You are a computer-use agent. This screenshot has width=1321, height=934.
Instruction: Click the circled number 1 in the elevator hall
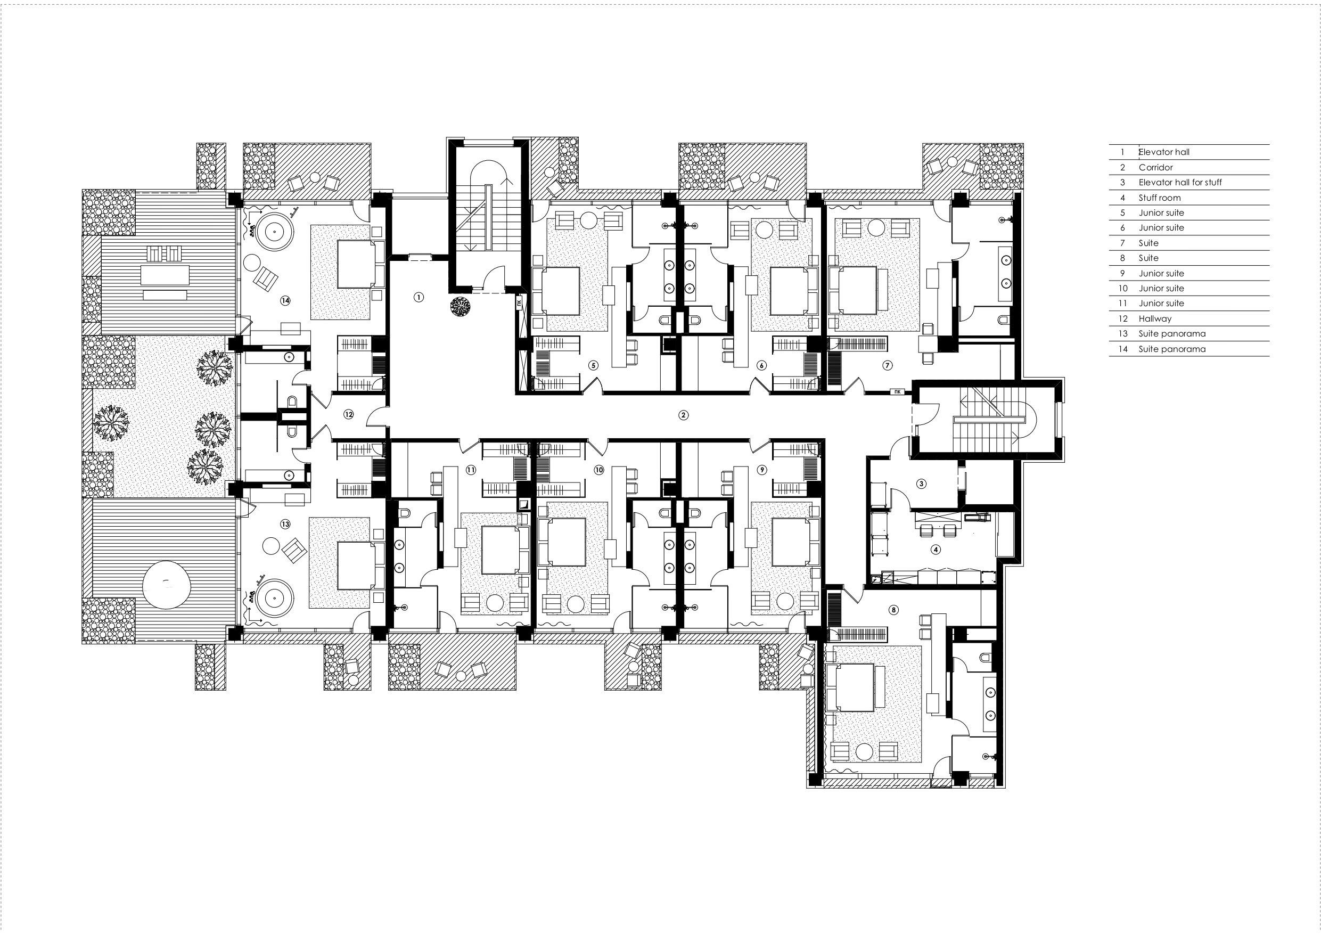[x=419, y=297]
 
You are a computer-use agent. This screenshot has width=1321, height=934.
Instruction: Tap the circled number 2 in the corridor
[x=683, y=414]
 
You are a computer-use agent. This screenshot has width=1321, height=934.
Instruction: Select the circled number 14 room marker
[x=285, y=300]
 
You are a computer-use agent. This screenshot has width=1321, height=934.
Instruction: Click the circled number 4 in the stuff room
[x=936, y=550]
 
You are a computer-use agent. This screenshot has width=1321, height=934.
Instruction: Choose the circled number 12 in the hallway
[x=349, y=414]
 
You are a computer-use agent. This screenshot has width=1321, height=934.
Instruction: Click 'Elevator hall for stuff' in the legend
[x=1180, y=183]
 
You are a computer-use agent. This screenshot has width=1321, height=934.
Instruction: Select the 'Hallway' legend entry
[x=1155, y=318]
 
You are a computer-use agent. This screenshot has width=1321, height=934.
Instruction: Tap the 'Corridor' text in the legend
[x=1155, y=167]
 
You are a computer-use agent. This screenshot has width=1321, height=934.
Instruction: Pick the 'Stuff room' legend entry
[x=1159, y=198]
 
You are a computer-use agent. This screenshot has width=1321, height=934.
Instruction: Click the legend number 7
[x=1122, y=243]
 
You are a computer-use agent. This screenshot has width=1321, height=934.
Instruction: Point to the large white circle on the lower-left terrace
[x=166, y=585]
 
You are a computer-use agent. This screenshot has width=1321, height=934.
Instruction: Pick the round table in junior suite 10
[x=576, y=603]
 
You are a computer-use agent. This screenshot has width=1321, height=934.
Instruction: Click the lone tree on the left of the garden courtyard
[x=111, y=423]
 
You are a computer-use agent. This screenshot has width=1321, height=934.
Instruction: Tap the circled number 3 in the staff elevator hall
[x=922, y=484]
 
